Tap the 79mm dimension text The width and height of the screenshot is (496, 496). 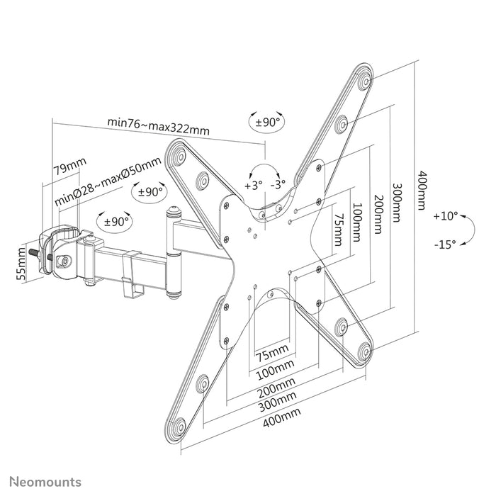(x=70, y=168)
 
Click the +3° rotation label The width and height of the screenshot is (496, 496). (x=253, y=184)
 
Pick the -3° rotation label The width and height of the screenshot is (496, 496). (x=278, y=184)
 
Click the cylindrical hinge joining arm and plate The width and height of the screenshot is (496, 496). (x=172, y=248)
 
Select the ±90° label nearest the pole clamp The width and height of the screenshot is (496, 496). (x=117, y=221)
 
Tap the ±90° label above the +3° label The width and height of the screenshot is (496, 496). (x=266, y=122)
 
